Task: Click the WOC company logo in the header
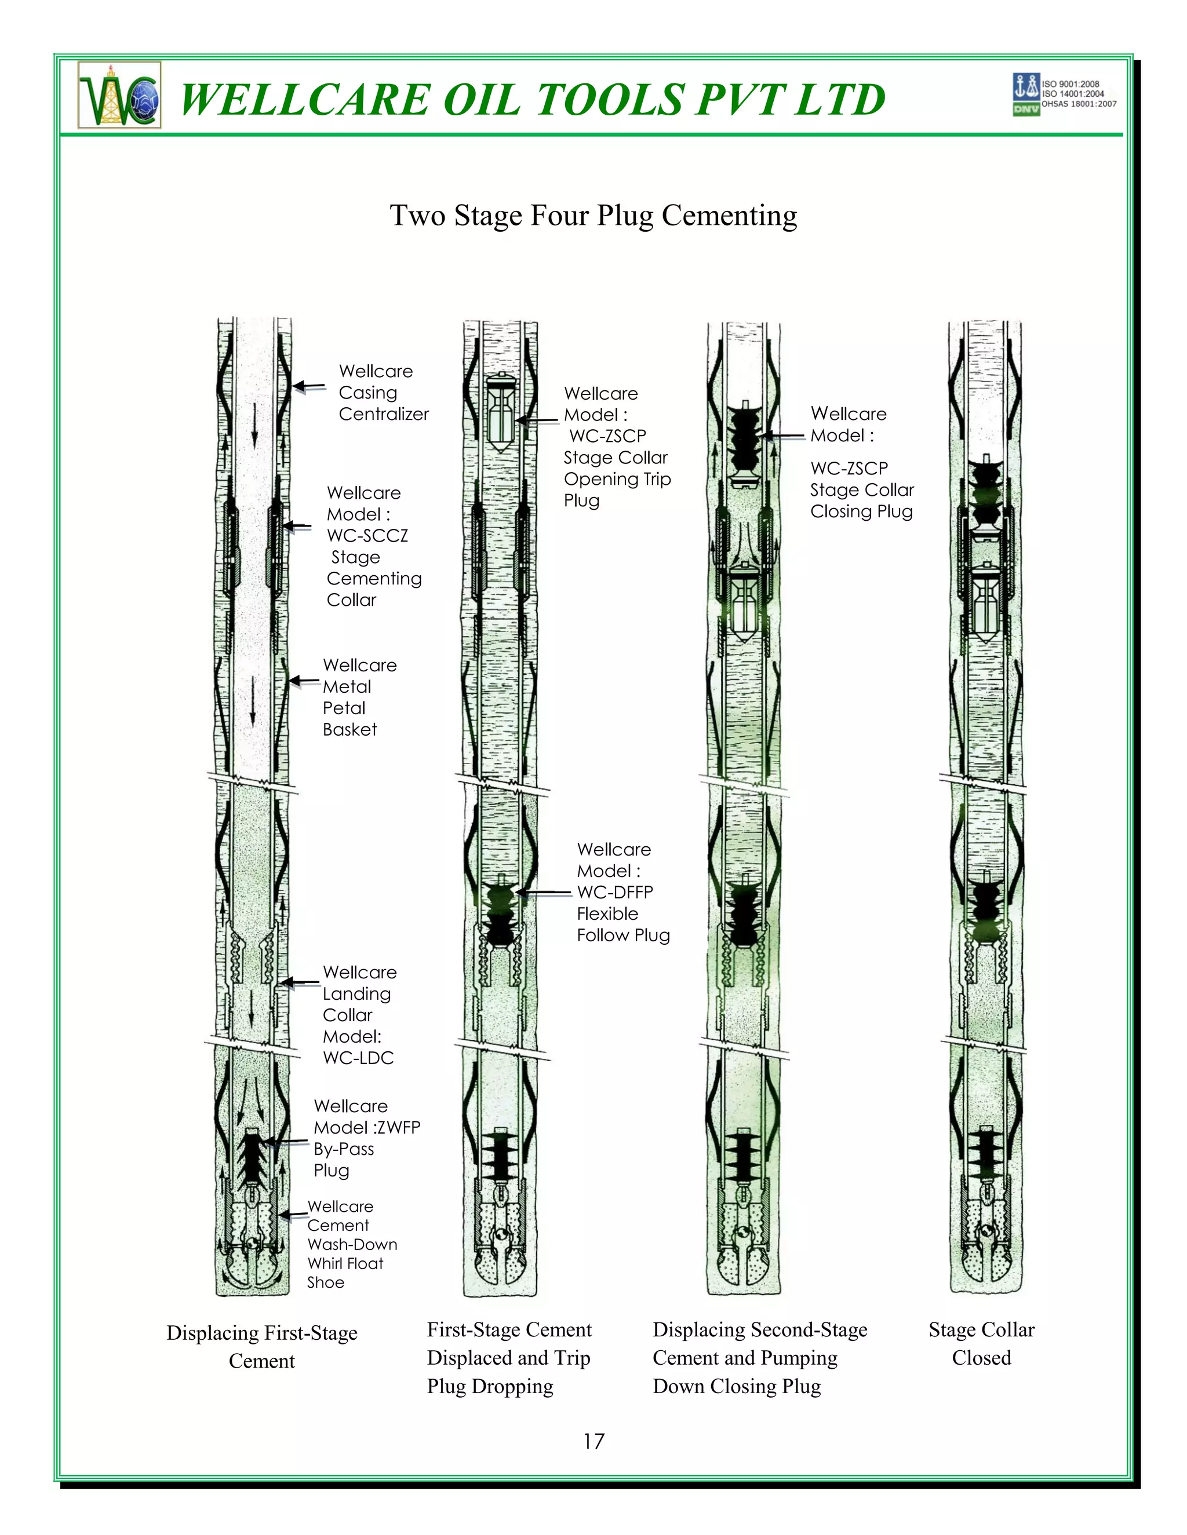(119, 95)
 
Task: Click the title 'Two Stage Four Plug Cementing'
(593, 216)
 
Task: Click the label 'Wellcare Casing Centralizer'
(383, 392)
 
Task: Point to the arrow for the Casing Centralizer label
(310, 386)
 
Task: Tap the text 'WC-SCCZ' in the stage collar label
(367, 536)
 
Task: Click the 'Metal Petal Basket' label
(359, 697)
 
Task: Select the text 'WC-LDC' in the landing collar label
(358, 1058)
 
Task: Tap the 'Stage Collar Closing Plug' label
(861, 490)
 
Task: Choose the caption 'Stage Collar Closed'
(981, 1343)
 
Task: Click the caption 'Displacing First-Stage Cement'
(261, 1347)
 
